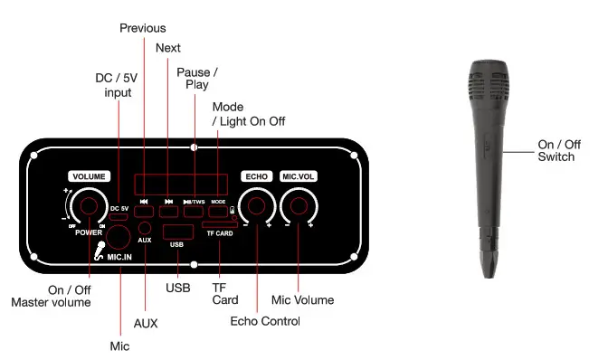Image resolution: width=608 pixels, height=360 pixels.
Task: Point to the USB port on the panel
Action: pyautogui.click(x=177, y=232)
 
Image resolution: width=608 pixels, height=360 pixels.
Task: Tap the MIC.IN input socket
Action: pyautogui.click(x=118, y=238)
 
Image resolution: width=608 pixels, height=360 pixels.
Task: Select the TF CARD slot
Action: pyautogui.click(x=221, y=223)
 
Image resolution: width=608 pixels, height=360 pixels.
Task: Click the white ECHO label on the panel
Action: pyautogui.click(x=256, y=176)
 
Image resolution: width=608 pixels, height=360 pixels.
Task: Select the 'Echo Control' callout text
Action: pyautogui.click(x=265, y=321)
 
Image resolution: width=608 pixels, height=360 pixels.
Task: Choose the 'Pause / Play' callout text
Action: pyautogui.click(x=196, y=78)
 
